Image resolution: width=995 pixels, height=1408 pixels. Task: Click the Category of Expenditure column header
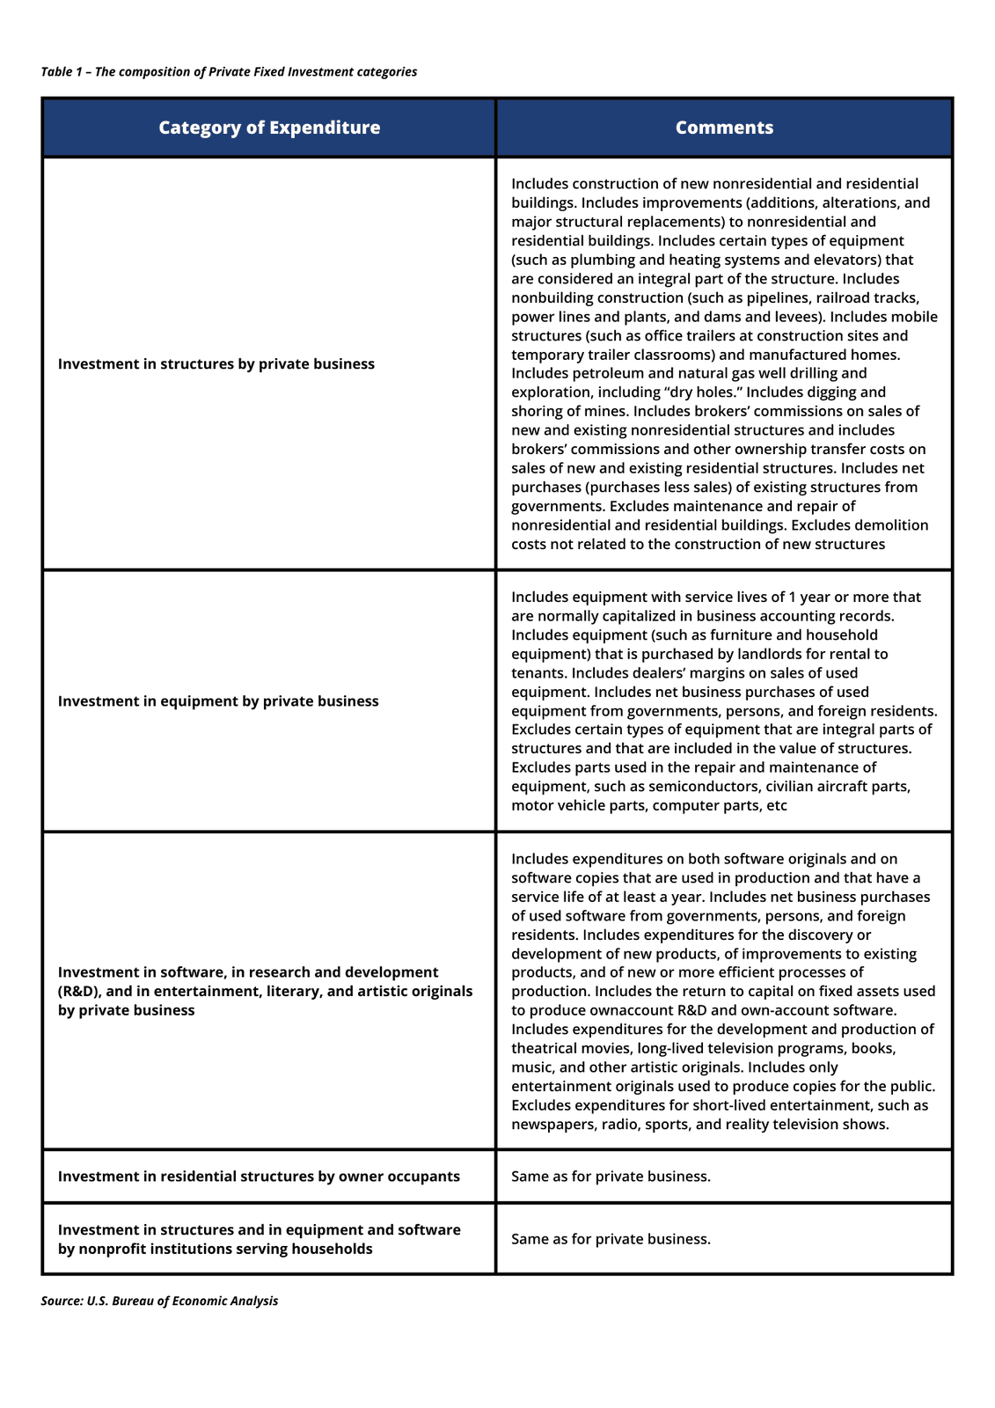(269, 128)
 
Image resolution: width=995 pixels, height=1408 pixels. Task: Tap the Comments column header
(724, 128)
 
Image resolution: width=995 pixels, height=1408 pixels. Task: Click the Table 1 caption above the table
(229, 72)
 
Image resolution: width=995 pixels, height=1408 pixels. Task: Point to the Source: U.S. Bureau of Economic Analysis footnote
(159, 1301)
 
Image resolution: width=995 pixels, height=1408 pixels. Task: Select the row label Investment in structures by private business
(216, 364)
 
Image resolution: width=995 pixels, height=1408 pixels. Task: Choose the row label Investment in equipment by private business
(218, 701)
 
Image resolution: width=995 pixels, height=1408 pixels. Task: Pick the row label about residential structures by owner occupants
(259, 1177)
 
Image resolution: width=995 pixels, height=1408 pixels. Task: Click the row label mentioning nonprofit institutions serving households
(260, 1239)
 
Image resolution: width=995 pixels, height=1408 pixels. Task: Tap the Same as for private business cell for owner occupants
(611, 1177)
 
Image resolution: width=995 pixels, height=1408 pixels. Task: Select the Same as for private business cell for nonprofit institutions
(611, 1239)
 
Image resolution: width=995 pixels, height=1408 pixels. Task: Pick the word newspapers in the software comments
(552, 1125)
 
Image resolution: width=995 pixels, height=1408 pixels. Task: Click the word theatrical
(550, 1049)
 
